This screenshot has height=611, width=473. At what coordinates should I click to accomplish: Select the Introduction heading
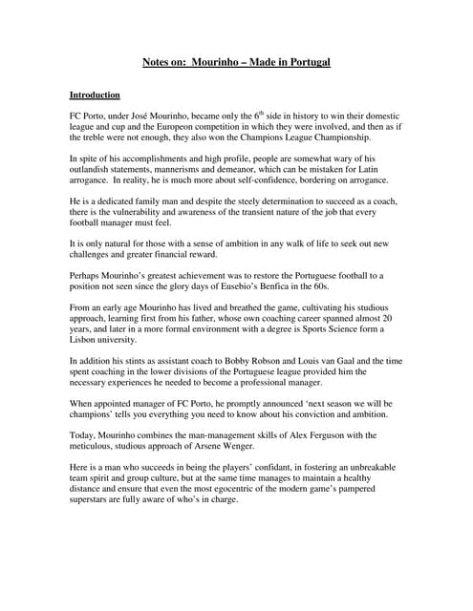point(95,95)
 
